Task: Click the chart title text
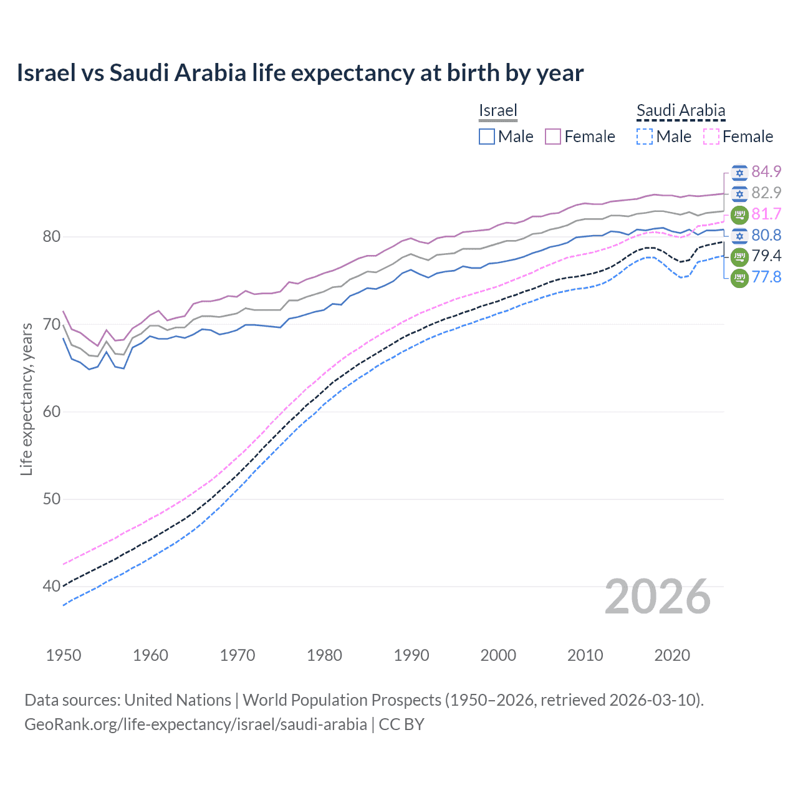pyautogui.click(x=300, y=73)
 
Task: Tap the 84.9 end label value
pyautogui.click(x=766, y=171)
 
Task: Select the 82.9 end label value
pyautogui.click(x=766, y=193)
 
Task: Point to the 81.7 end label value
pyautogui.click(x=766, y=214)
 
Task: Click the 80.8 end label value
pyautogui.click(x=766, y=235)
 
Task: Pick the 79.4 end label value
pyautogui.click(x=766, y=256)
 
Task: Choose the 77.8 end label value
pyautogui.click(x=766, y=277)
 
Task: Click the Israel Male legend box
pyautogui.click(x=487, y=137)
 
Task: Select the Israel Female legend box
pyautogui.click(x=553, y=137)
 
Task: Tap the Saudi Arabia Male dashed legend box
pyautogui.click(x=645, y=137)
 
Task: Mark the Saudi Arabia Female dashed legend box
pyautogui.click(x=711, y=137)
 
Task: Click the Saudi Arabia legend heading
pyautogui.click(x=681, y=110)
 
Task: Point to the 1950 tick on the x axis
pyautogui.click(x=64, y=655)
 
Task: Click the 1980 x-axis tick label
pyautogui.click(x=324, y=655)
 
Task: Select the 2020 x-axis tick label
pyautogui.click(x=672, y=655)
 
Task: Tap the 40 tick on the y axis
pyautogui.click(x=52, y=586)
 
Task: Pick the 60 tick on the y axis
pyautogui.click(x=52, y=411)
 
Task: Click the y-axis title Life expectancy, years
pyautogui.click(x=27, y=399)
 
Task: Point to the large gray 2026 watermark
pyautogui.click(x=658, y=597)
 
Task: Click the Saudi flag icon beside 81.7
pyautogui.click(x=739, y=214)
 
